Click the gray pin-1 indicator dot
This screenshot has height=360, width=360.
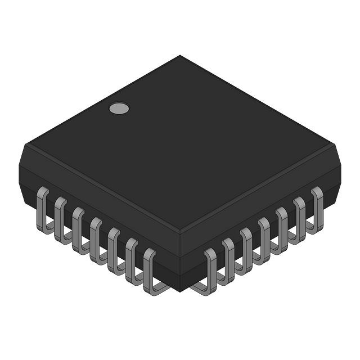pos(119,109)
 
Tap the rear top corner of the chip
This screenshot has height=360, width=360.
pos(180,56)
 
